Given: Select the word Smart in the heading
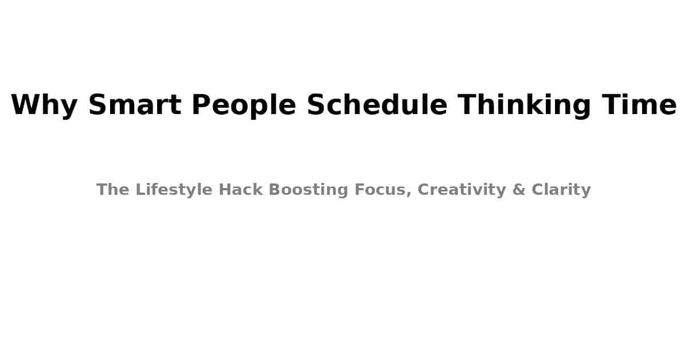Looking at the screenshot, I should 135,105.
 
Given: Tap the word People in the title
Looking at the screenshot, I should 244,105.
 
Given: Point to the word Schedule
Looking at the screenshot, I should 377,105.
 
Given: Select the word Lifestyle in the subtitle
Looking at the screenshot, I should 174,190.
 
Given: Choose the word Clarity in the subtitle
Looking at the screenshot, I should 561,190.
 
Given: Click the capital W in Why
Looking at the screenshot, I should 26,105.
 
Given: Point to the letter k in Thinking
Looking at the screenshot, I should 541,105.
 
